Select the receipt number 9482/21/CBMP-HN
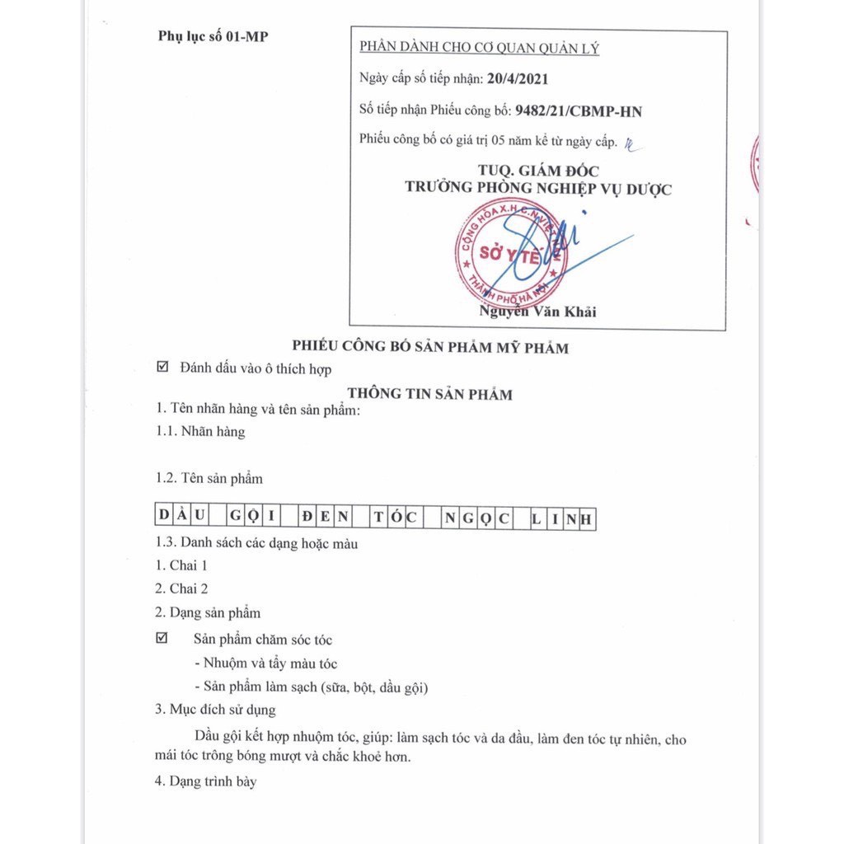(x=578, y=110)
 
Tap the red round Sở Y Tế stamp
(x=511, y=254)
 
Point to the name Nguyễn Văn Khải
(x=537, y=312)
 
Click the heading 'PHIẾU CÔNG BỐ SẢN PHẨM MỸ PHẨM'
(x=430, y=348)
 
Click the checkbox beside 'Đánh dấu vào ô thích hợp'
(x=162, y=368)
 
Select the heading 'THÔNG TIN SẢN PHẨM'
(x=429, y=394)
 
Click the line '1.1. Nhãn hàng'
(x=200, y=431)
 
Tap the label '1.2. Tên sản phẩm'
(x=209, y=478)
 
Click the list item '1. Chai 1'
(x=181, y=565)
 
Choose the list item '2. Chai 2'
(x=181, y=588)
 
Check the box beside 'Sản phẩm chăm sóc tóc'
(x=162, y=639)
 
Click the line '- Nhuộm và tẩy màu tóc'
(x=265, y=663)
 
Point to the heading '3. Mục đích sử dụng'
(x=215, y=709)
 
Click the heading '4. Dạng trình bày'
(x=205, y=781)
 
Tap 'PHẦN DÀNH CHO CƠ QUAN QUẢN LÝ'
(x=479, y=48)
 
